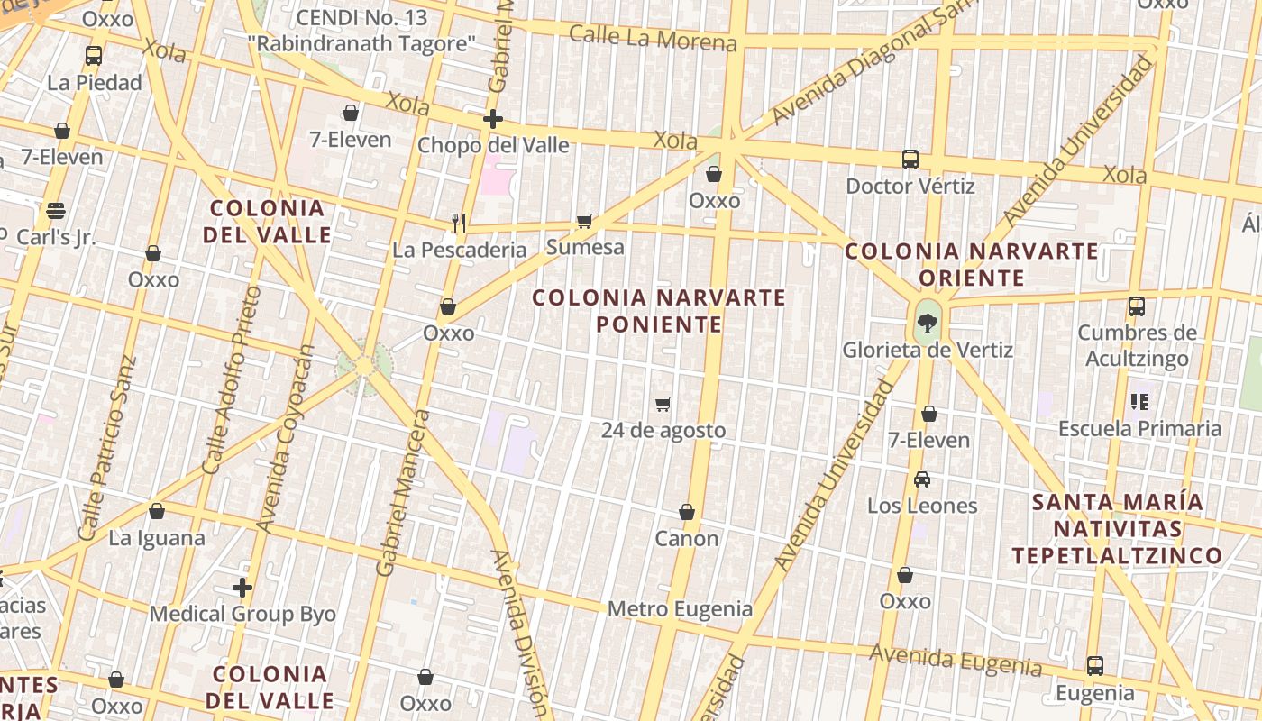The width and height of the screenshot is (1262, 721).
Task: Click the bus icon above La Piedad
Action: click(x=94, y=56)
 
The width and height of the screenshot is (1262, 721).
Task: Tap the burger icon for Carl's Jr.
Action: click(x=56, y=211)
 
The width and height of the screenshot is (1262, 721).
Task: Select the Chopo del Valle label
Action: click(x=493, y=145)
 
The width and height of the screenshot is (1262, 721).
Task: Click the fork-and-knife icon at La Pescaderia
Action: click(x=459, y=223)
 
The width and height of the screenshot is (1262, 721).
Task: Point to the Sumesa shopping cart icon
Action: click(x=585, y=221)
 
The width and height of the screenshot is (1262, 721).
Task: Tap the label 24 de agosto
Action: click(x=663, y=431)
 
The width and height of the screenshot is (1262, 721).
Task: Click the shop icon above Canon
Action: click(x=687, y=512)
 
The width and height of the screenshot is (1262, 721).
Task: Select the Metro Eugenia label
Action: click(x=680, y=609)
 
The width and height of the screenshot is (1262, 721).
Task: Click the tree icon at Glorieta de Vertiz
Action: click(x=926, y=322)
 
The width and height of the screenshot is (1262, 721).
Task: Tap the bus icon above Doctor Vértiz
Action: click(x=910, y=160)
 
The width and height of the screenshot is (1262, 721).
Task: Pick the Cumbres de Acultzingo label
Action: click(x=1137, y=346)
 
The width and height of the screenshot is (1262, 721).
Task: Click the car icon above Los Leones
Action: click(x=922, y=479)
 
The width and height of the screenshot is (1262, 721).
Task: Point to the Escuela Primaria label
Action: click(x=1139, y=429)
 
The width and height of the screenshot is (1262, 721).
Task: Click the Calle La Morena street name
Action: click(x=653, y=39)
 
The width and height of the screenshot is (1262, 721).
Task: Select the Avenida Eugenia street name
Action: click(x=955, y=661)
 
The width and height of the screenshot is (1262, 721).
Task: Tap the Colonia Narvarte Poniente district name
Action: click(x=659, y=311)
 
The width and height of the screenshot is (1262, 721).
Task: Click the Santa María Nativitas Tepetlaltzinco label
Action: click(x=1117, y=529)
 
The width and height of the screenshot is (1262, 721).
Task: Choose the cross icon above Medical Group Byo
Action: click(x=242, y=588)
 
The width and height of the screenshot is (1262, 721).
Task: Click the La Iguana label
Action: click(x=157, y=539)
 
